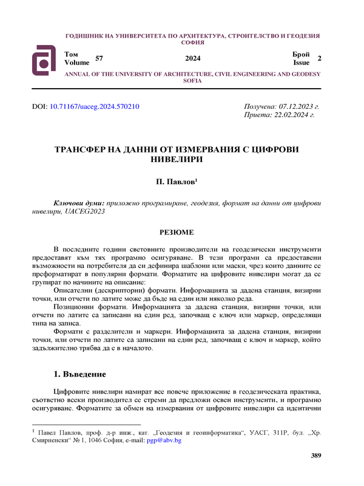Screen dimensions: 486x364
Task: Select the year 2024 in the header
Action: pyautogui.click(x=192, y=58)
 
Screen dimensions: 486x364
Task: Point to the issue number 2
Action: pyautogui.click(x=319, y=58)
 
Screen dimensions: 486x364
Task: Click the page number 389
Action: pyautogui.click(x=315, y=456)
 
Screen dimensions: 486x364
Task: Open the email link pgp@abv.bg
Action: pyautogui.click(x=169, y=440)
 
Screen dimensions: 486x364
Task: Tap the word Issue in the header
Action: pyautogui.click(x=302, y=63)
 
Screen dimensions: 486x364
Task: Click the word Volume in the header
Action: pyautogui.click(x=76, y=63)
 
